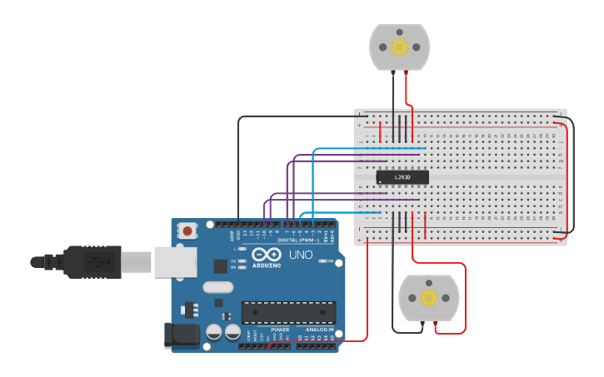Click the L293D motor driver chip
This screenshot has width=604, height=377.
pyautogui.click(x=402, y=176)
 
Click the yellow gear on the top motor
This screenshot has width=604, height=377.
pyautogui.click(x=400, y=47)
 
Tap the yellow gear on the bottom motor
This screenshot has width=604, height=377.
pyautogui.click(x=429, y=298)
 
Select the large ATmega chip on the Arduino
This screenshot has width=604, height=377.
pyautogui.click(x=288, y=312)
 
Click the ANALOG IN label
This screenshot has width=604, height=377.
pyautogui.click(x=319, y=330)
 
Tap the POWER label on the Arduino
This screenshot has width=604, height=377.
pyautogui.click(x=280, y=330)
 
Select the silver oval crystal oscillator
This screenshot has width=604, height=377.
pyautogui.click(x=217, y=288)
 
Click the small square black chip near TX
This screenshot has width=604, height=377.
pyautogui.click(x=221, y=265)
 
